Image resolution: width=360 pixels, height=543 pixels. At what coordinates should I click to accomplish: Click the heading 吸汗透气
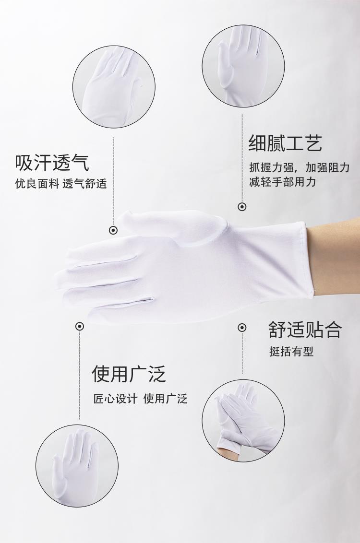pyautogui.click(x=52, y=163)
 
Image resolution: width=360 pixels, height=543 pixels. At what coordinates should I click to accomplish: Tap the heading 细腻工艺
pyautogui.click(x=285, y=142)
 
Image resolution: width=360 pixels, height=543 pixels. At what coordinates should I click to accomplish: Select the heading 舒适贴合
pyautogui.click(x=305, y=330)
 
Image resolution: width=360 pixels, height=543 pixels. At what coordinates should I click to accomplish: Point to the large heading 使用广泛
pyautogui.click(x=129, y=373)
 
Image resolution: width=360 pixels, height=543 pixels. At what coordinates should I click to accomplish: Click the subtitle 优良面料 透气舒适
pyautogui.click(x=60, y=184)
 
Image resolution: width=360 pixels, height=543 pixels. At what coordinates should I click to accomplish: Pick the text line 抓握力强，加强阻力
pyautogui.click(x=300, y=167)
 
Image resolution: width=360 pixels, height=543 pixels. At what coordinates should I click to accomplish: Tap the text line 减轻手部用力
pyautogui.click(x=283, y=181)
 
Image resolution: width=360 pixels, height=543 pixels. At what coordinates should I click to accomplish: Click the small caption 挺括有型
pyautogui.click(x=291, y=352)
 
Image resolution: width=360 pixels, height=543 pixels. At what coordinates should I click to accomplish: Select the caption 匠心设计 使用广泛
pyautogui.click(x=140, y=399)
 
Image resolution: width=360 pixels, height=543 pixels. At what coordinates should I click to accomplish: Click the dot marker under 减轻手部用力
pyautogui.click(x=242, y=207)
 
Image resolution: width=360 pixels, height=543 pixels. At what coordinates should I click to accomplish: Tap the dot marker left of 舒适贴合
pyautogui.click(x=242, y=327)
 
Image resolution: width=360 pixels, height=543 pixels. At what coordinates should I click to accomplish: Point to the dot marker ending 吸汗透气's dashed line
pyautogui.click(x=113, y=230)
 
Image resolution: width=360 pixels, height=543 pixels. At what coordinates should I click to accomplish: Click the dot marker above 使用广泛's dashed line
pyautogui.click(x=80, y=326)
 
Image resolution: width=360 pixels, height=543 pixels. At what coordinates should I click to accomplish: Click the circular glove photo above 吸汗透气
pyautogui.click(x=114, y=86)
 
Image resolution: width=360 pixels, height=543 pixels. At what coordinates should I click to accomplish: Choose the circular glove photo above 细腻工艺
pyautogui.click(x=243, y=66)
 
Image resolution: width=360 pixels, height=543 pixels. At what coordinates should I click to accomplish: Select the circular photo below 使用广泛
pyautogui.click(x=77, y=466)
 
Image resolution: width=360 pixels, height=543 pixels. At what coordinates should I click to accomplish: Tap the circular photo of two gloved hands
pyautogui.click(x=243, y=420)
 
